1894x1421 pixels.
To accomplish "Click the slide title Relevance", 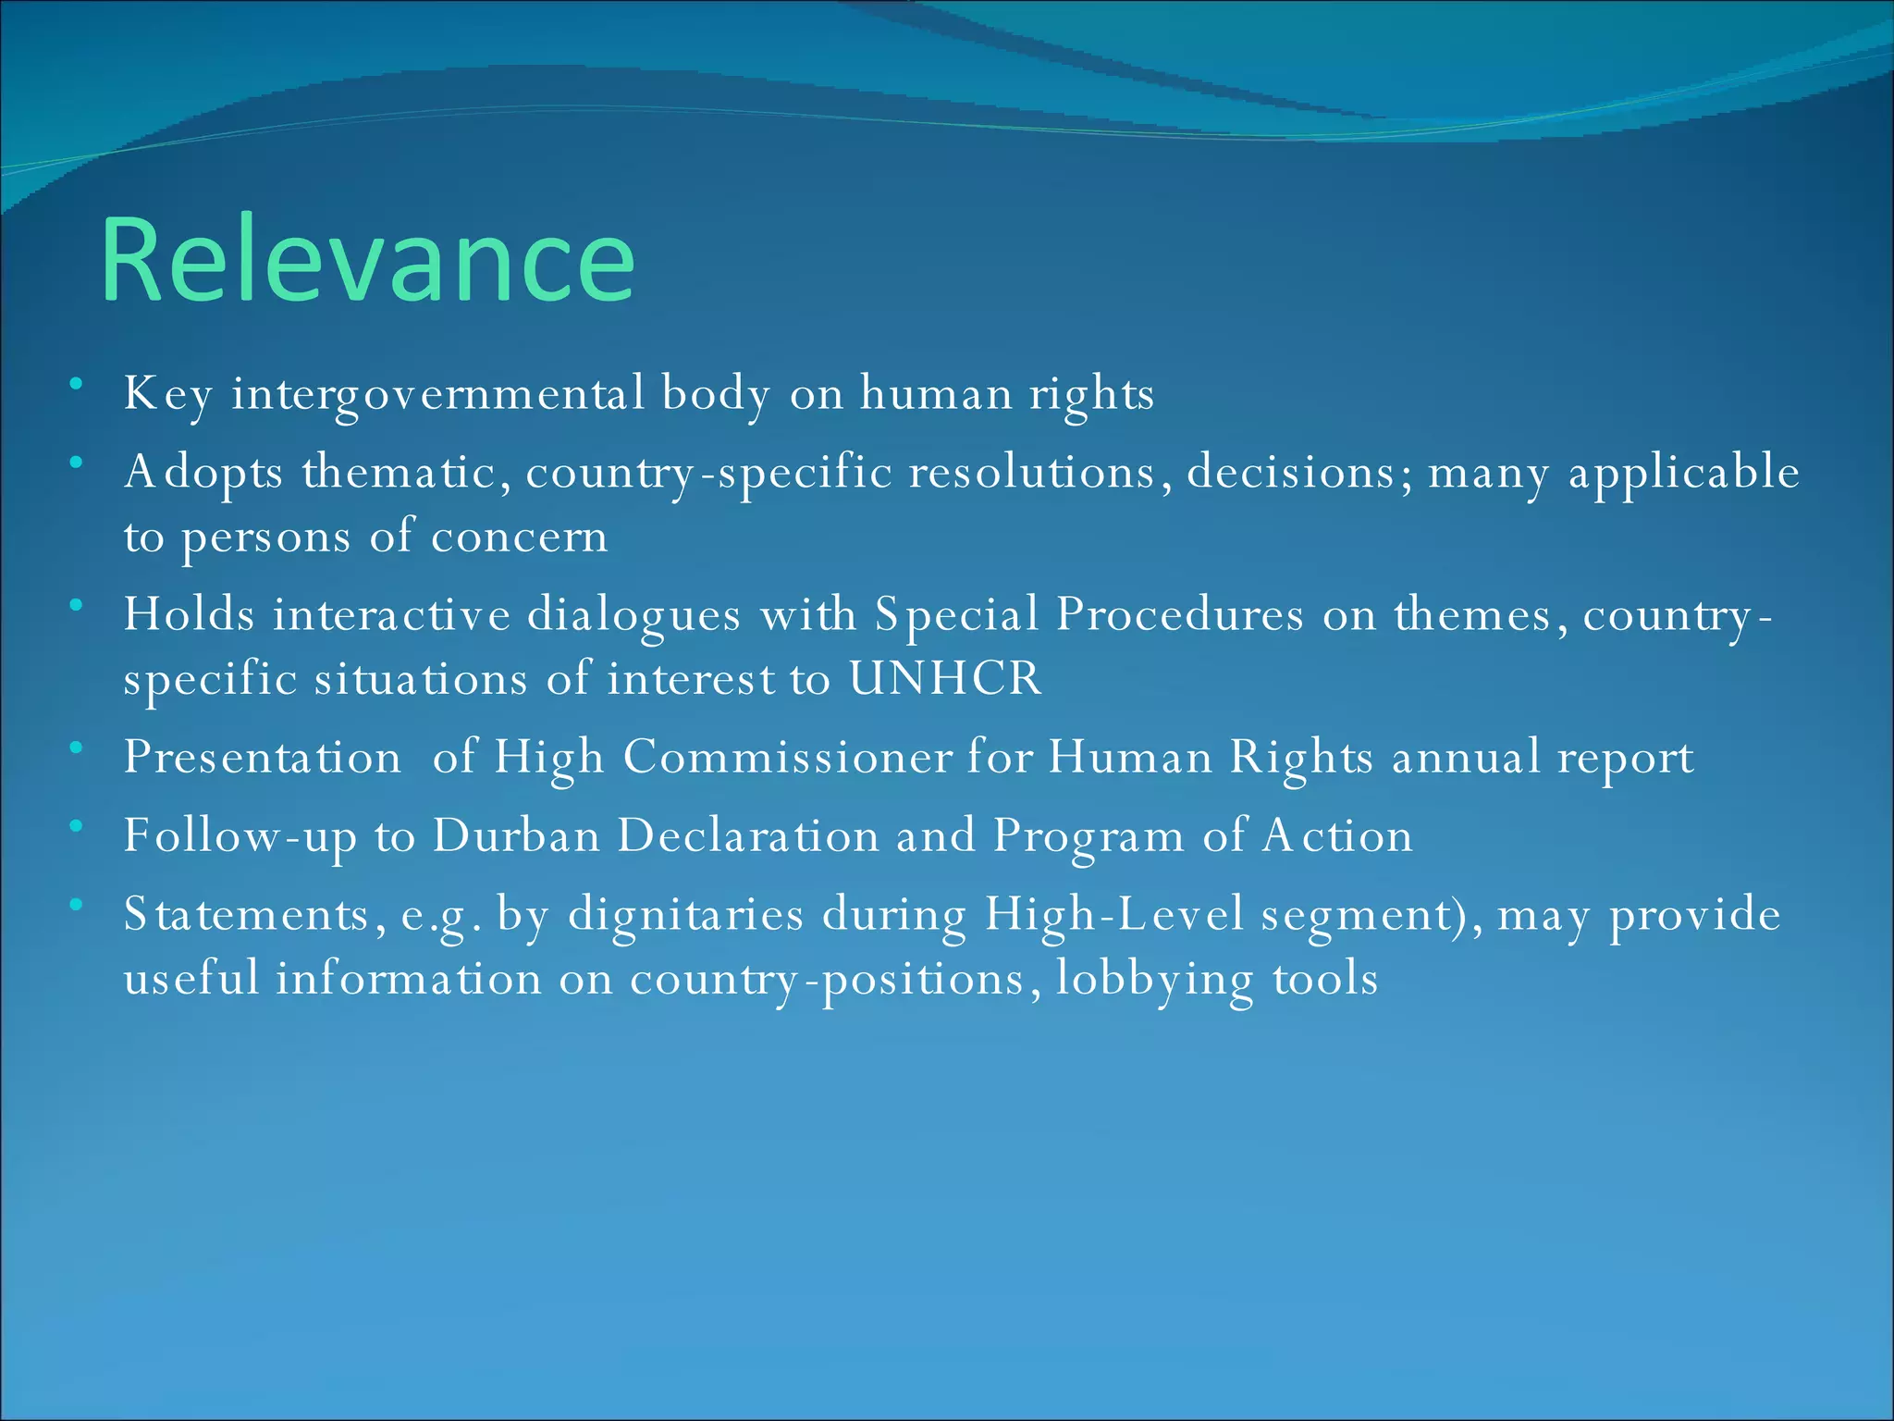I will [x=367, y=260].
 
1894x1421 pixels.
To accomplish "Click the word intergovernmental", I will [x=437, y=394].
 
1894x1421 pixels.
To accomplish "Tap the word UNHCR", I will [x=945, y=679].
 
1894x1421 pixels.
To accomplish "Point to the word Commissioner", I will [x=787, y=758].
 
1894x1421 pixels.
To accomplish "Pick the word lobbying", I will [x=1154, y=979].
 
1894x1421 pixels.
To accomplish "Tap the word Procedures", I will [x=1179, y=614].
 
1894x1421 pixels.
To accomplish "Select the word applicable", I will [x=1684, y=472].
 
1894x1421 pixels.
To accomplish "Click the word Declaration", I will [x=748, y=835].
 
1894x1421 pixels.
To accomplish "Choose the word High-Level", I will [x=1113, y=914].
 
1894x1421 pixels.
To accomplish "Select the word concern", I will [x=519, y=537].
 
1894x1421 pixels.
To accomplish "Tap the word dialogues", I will [x=633, y=614].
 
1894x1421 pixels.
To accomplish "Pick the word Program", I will [x=1088, y=835].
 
